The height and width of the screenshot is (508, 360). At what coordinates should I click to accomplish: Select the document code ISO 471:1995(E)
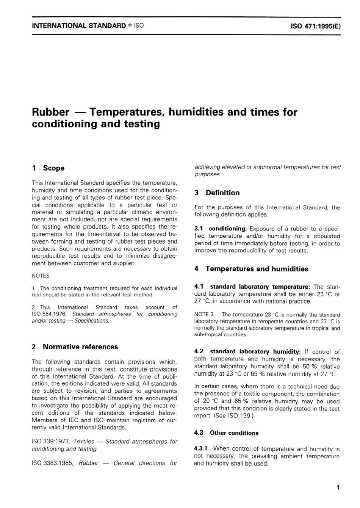point(316,26)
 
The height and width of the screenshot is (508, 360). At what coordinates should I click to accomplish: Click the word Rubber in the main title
point(51,112)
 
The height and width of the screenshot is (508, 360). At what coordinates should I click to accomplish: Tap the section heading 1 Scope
point(49,168)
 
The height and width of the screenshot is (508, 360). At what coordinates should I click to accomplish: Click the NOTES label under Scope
point(41,276)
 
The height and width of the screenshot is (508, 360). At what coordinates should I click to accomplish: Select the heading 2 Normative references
point(75,347)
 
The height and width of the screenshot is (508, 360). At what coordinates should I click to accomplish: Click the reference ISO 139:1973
point(50,442)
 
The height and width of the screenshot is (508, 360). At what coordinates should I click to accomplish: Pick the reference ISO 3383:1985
point(53,463)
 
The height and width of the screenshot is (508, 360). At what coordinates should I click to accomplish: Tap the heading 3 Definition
point(217,193)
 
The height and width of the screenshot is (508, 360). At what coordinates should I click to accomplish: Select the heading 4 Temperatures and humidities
point(251,269)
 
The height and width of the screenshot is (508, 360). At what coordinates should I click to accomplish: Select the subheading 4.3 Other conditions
point(226,433)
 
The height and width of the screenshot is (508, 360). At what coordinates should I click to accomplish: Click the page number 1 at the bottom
point(338,488)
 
